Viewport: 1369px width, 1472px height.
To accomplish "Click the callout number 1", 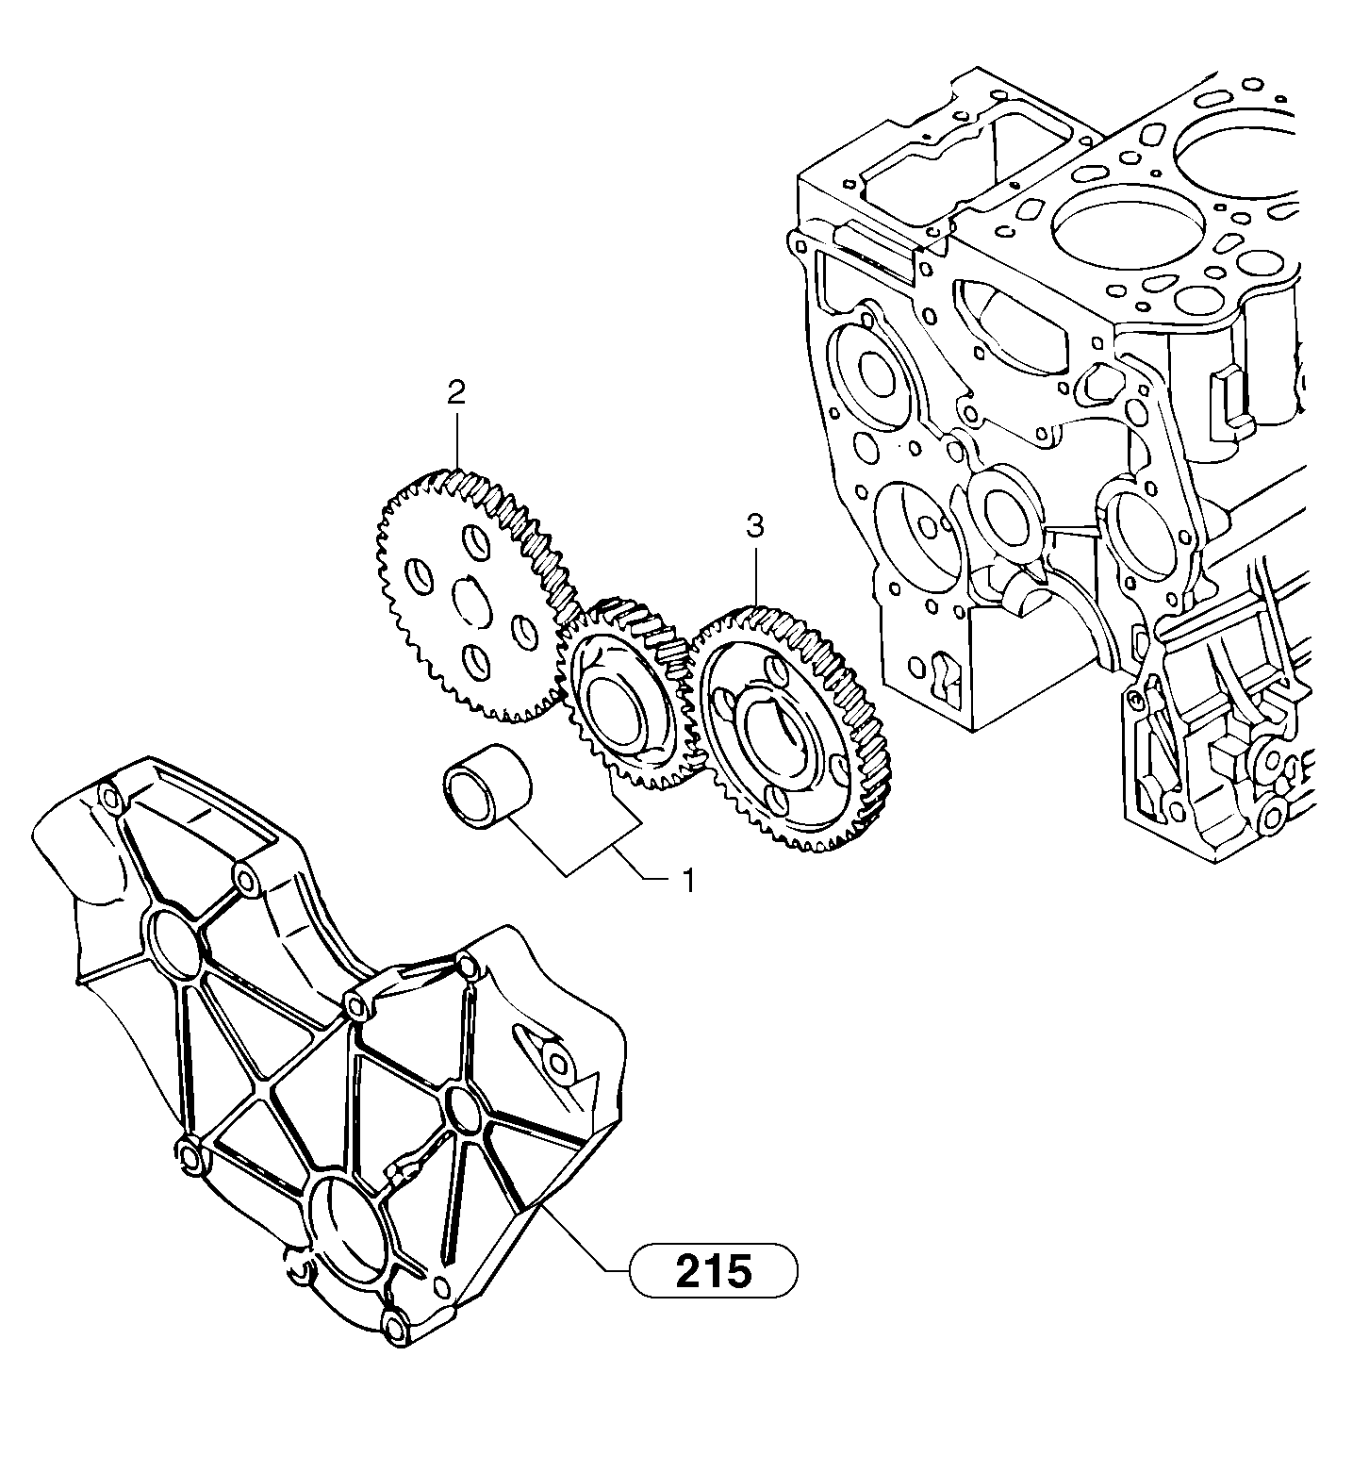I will (x=688, y=880).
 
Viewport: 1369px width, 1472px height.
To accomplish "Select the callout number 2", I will (x=456, y=393).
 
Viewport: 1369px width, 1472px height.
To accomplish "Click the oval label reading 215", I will (x=714, y=1271).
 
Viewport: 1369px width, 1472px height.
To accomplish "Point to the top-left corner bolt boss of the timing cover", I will (x=111, y=801).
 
